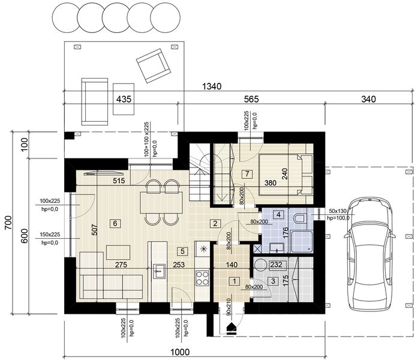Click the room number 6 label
pyautogui.click(x=116, y=223)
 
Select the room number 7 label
pyautogui.click(x=246, y=174)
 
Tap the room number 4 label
pyautogui.click(x=279, y=215)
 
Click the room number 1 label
pyautogui.click(x=234, y=280)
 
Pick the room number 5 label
pyautogui.click(x=183, y=251)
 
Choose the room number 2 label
pyautogui.click(x=214, y=223)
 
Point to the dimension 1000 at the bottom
pyautogui.click(x=179, y=352)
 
